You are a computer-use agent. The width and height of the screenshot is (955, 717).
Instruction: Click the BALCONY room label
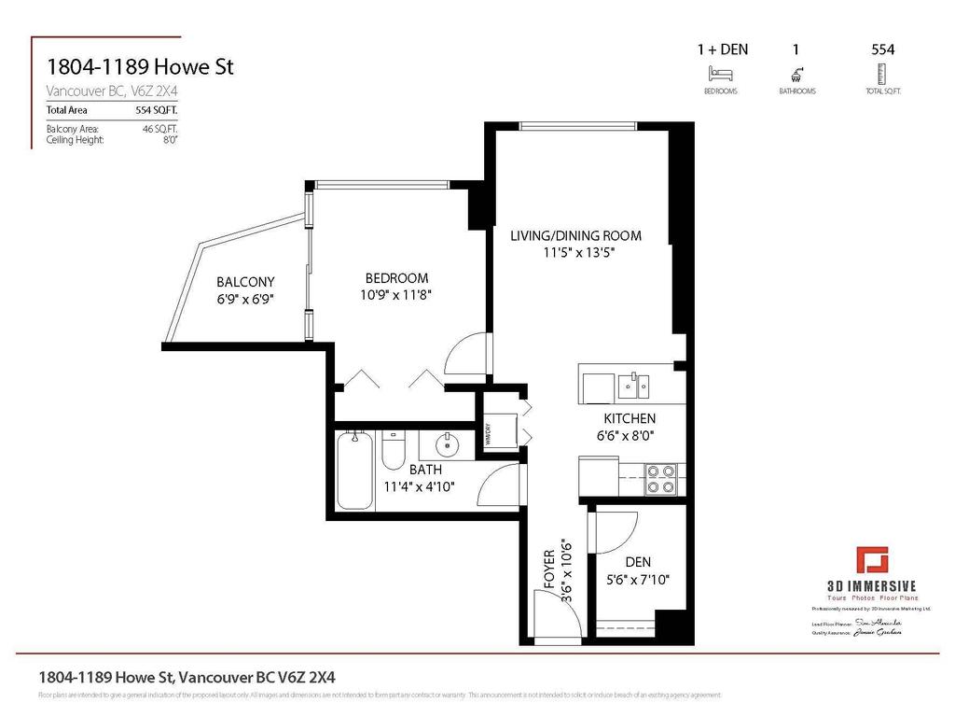pos(245,281)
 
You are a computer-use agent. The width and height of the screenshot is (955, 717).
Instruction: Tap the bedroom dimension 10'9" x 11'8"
pos(396,294)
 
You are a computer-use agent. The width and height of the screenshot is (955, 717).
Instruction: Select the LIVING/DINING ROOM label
pos(575,235)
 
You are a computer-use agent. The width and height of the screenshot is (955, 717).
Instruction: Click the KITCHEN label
pos(630,418)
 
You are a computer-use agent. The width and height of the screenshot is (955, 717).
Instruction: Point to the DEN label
pos(638,562)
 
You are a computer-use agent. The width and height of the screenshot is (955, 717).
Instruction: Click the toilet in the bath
pos(393,450)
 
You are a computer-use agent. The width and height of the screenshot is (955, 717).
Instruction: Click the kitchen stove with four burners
pos(662,479)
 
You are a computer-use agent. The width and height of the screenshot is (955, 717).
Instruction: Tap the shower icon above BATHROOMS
pos(797,74)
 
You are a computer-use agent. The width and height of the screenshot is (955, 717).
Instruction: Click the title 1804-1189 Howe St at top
pos(140,67)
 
